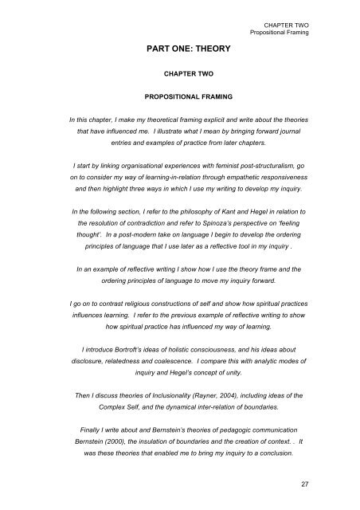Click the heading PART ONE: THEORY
[179, 50]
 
